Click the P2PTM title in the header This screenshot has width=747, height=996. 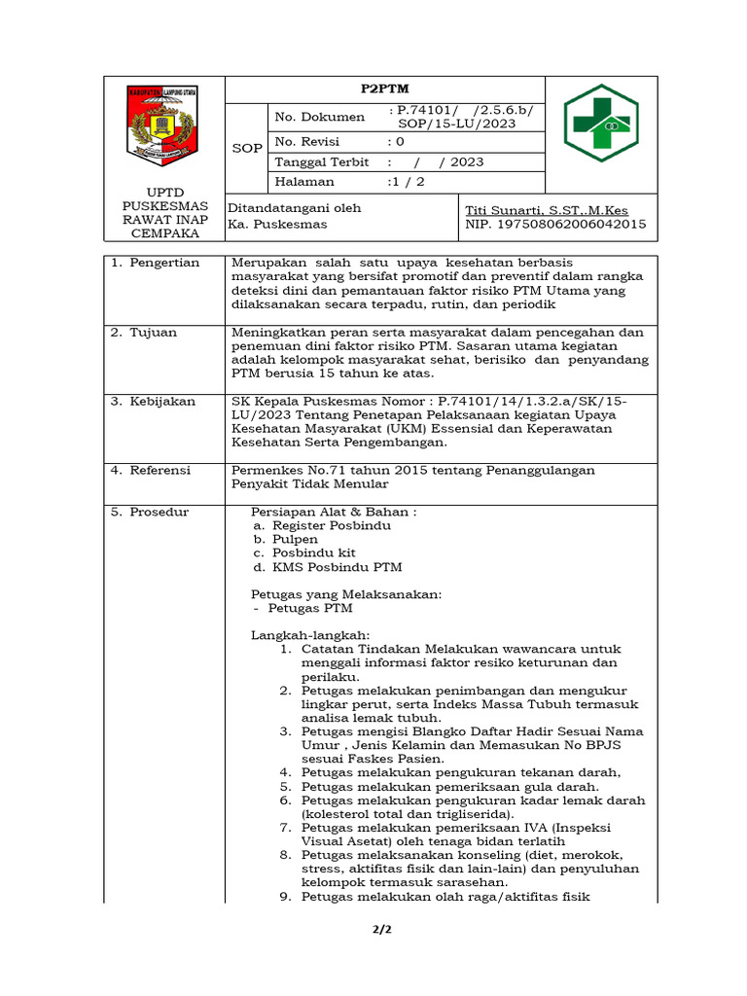point(384,89)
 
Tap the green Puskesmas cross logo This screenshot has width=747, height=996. point(601,122)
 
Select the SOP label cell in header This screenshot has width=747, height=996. point(246,148)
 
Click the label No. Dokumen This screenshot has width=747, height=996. point(320,117)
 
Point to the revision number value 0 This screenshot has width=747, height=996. point(400,141)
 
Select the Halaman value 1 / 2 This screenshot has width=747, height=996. point(407,181)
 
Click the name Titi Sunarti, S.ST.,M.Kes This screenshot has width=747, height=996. point(547,210)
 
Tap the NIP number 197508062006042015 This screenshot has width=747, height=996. point(555,224)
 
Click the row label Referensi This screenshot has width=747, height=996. point(162,470)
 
